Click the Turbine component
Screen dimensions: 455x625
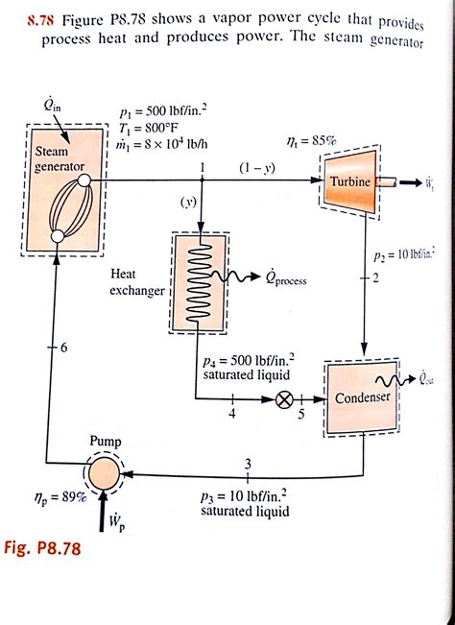pyautogui.click(x=349, y=181)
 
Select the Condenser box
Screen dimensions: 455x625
pyautogui.click(x=362, y=397)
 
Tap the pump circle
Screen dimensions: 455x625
pyautogui.click(x=104, y=473)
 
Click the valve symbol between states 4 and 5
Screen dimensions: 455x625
pyautogui.click(x=284, y=399)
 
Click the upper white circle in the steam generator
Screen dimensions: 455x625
pyautogui.click(x=84, y=181)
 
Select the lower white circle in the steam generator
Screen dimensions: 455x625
pyautogui.click(x=58, y=236)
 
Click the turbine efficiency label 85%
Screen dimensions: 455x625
pyautogui.click(x=312, y=141)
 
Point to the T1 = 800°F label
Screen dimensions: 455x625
pyautogui.click(x=149, y=128)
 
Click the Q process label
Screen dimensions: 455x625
pyautogui.click(x=286, y=278)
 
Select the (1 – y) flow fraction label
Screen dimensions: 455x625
pyautogui.click(x=257, y=168)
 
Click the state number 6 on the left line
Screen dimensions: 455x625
pyautogui.click(x=64, y=348)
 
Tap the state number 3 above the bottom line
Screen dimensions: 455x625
pyautogui.click(x=248, y=464)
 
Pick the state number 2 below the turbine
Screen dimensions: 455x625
pyautogui.click(x=375, y=277)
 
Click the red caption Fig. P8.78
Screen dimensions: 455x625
pyautogui.click(x=42, y=548)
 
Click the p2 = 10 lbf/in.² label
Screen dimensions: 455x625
pyautogui.click(x=404, y=256)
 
